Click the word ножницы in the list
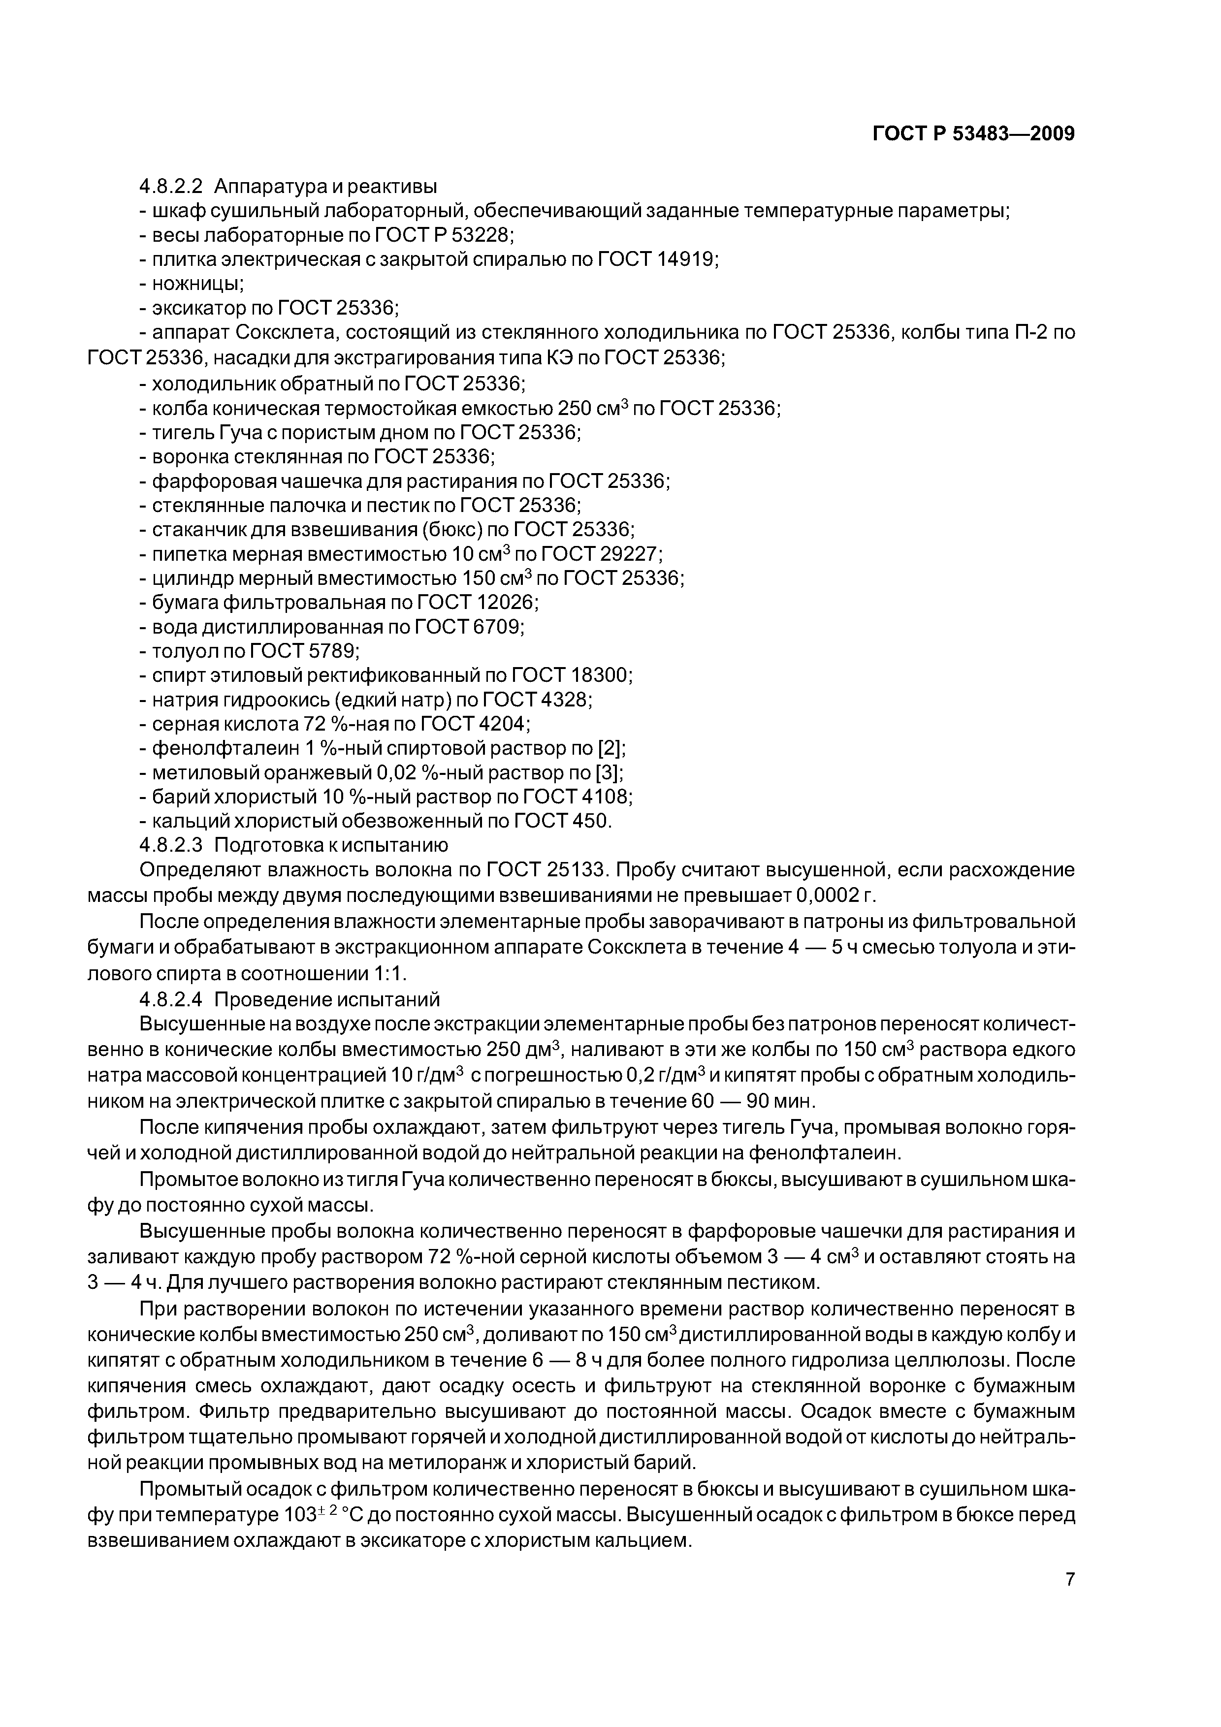click(x=197, y=284)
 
